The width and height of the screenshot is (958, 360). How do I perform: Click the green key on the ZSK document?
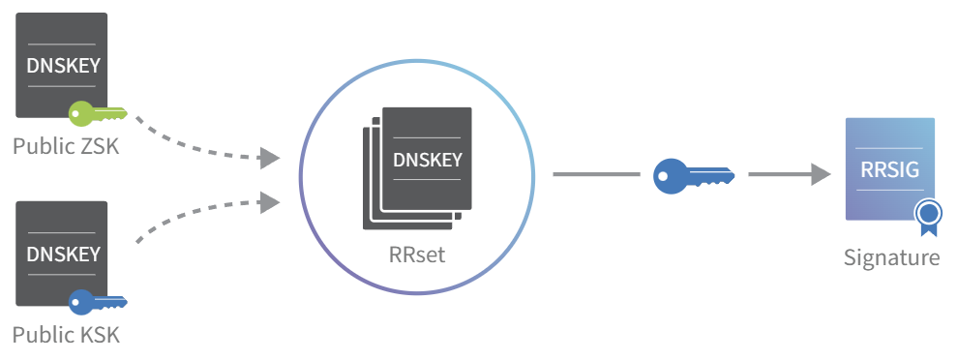pos(97,113)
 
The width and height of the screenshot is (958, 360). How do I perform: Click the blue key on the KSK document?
pos(97,302)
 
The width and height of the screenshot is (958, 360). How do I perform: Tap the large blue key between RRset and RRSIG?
pos(694,176)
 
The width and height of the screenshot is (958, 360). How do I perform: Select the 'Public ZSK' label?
pos(66,147)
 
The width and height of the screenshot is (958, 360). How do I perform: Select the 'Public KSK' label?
pos(66,335)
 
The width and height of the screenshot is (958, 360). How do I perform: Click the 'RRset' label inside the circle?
pos(417,255)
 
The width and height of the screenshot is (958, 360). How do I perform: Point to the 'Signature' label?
pos(891,257)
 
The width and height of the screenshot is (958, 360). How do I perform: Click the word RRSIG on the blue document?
pos(889,169)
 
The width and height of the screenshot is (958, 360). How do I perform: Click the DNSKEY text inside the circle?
pos(428,160)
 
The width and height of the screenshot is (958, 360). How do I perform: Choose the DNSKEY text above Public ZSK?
pos(63,66)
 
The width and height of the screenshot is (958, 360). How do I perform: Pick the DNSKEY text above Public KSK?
pos(63,254)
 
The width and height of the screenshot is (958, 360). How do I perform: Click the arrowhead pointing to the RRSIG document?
pos(820,174)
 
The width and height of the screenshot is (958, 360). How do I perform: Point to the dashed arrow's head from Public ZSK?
pos(269,158)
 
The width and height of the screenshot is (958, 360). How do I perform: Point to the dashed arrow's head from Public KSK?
pos(269,202)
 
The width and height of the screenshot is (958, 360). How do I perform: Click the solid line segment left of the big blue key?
pos(596,174)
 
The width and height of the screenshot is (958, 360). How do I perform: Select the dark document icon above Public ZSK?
pos(61,66)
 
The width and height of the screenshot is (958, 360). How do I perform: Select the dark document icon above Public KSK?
pos(61,254)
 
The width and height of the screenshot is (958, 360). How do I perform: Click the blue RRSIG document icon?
pos(890,168)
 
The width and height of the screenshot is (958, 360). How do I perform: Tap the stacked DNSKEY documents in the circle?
pos(417,168)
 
